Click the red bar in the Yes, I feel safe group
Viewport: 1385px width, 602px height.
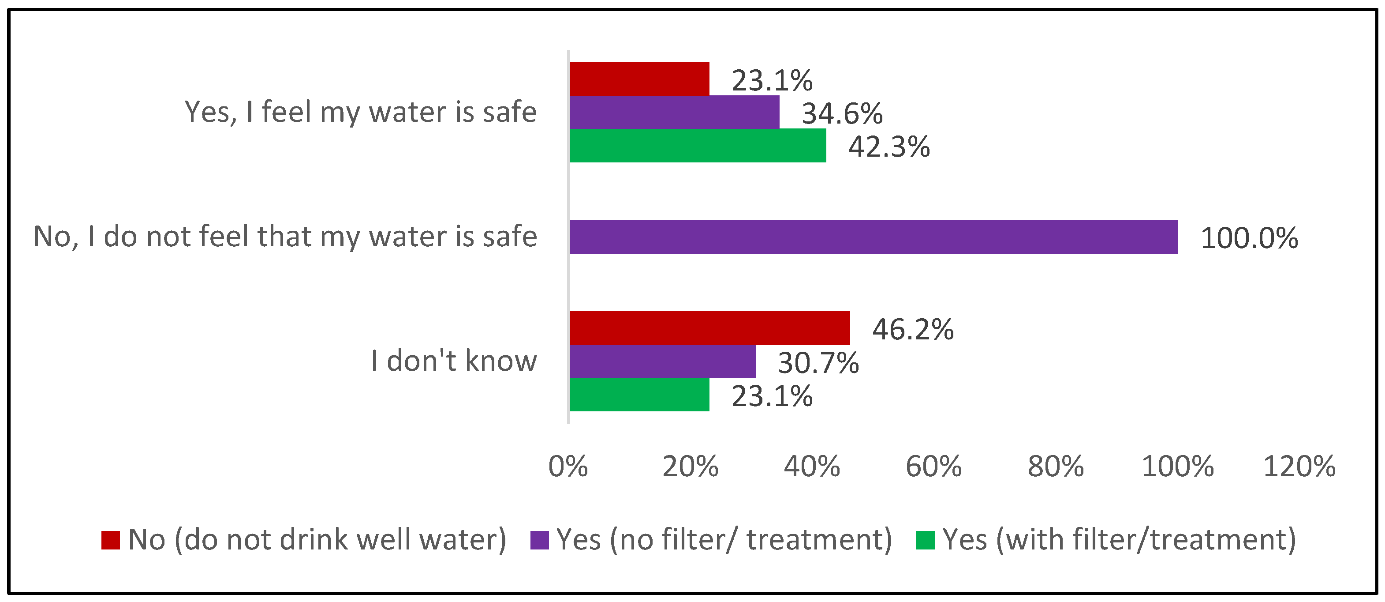coord(639,79)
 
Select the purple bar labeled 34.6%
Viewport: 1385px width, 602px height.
coord(674,112)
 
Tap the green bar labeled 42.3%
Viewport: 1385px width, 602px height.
coord(697,145)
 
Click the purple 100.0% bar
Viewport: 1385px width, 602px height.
coord(873,237)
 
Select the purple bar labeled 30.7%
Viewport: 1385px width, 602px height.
coord(662,361)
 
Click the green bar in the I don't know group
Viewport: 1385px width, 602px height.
coord(639,395)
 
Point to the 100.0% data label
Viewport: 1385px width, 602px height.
coord(1248,238)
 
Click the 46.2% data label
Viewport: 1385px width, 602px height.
coord(912,329)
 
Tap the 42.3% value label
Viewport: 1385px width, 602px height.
coord(889,147)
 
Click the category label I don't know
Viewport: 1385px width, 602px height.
coord(454,361)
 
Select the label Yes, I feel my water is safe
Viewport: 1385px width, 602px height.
coord(360,112)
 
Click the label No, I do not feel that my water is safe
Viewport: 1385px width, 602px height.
coord(285,237)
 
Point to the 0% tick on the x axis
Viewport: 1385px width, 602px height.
coord(568,467)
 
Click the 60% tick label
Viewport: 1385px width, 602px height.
coord(933,467)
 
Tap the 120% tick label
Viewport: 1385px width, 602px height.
coord(1299,467)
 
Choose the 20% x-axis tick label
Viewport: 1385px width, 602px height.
coord(690,467)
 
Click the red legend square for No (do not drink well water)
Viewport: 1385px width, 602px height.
coord(110,540)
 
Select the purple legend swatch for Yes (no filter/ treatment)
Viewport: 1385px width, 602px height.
coord(539,540)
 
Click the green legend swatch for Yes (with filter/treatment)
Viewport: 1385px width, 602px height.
coord(925,540)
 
